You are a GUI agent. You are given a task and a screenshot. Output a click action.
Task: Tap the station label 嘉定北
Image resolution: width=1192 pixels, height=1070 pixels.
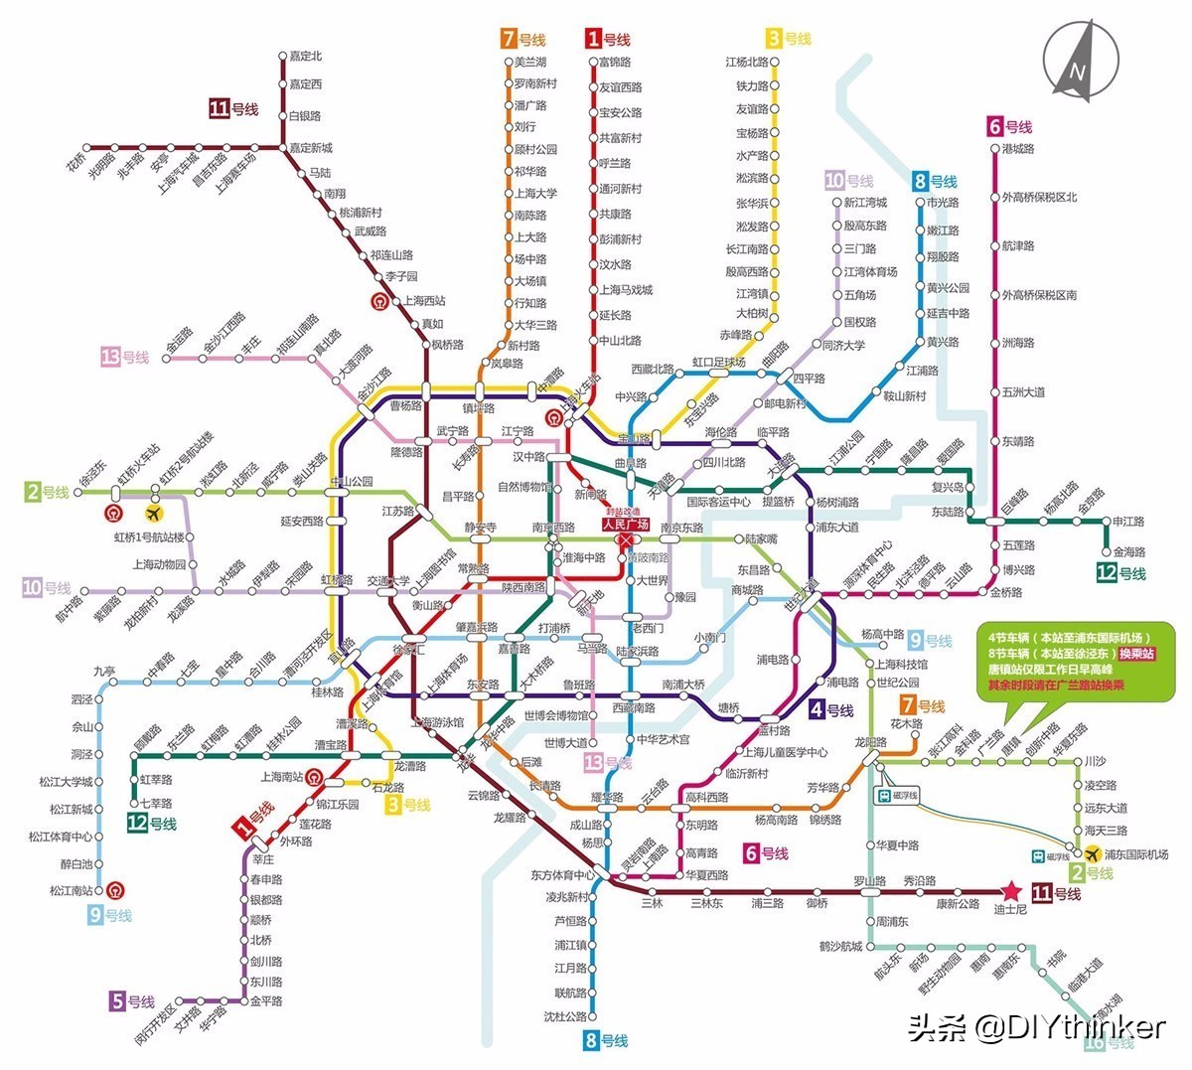[306, 57]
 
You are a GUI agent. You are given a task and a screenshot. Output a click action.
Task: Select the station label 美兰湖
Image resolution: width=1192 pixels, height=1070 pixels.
[530, 63]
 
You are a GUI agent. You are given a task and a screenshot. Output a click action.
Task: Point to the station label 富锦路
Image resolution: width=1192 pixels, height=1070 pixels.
[616, 63]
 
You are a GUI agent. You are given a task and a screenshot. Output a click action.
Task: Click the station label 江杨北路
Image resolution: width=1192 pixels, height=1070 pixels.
[746, 63]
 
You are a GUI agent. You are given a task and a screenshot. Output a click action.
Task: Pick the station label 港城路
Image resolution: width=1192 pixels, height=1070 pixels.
[1018, 149]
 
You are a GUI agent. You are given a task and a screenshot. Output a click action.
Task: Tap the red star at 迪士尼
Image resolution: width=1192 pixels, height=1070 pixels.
[1011, 890]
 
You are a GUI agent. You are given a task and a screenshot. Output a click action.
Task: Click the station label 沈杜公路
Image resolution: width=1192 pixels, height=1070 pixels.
[565, 1016]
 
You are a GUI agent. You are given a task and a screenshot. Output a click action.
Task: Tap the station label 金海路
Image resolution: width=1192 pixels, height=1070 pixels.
[1128, 551]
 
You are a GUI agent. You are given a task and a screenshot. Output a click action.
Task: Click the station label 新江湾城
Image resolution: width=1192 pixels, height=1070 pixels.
[865, 203]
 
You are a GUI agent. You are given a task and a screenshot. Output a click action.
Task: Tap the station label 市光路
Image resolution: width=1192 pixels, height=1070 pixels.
[943, 203]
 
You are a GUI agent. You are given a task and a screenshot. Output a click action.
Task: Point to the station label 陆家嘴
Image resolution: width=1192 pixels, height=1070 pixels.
[761, 538]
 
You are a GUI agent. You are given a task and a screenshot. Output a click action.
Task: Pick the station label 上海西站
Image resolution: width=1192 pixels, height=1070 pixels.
[424, 300]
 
